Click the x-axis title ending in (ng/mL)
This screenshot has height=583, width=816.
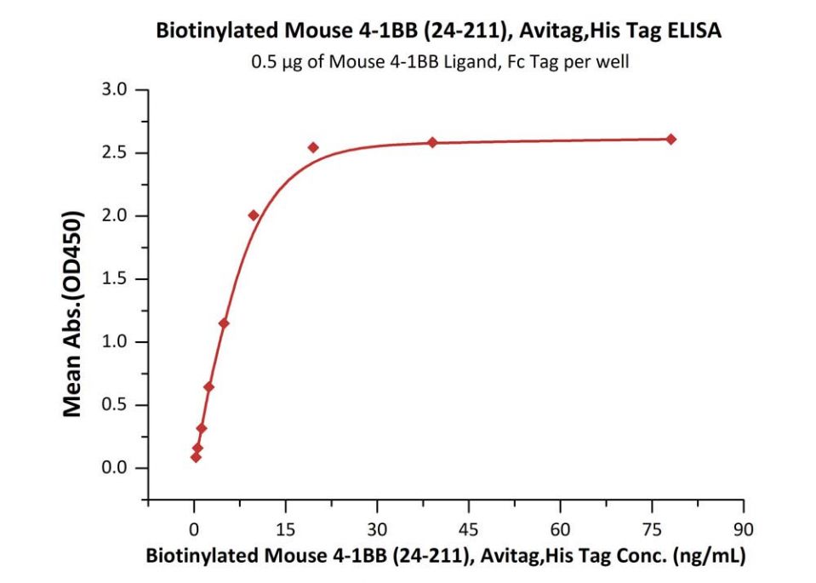click(x=446, y=557)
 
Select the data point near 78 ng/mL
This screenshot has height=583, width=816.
click(x=670, y=139)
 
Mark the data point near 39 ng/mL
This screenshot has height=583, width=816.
click(x=432, y=142)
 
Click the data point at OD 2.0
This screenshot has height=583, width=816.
click(x=254, y=215)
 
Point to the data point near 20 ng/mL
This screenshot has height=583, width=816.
click(x=313, y=147)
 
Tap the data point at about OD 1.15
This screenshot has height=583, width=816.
click(x=224, y=323)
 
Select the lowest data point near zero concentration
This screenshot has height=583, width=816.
click(x=196, y=457)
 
